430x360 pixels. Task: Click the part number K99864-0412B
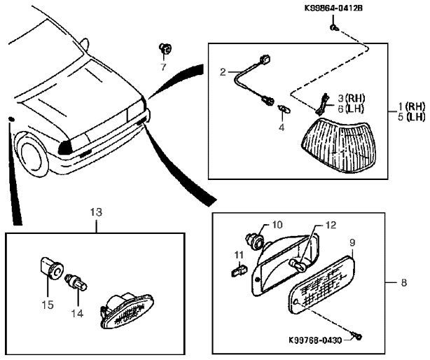tap(333, 9)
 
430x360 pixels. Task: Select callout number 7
tap(163, 67)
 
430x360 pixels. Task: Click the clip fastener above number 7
tap(165, 49)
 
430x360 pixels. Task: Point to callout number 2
tap(222, 71)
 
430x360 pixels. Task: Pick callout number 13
tap(95, 210)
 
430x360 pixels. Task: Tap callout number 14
tap(77, 314)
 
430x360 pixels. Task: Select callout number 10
tap(277, 225)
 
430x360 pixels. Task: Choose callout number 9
tap(352, 242)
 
